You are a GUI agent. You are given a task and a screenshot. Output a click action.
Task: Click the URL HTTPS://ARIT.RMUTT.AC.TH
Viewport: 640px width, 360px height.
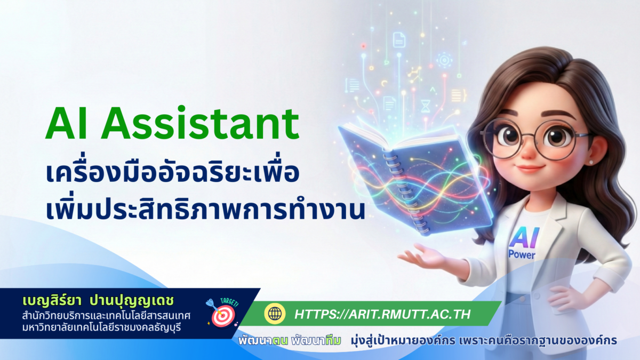click(382, 314)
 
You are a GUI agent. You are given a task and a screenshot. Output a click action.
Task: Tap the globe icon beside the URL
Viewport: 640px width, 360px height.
click(275, 314)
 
